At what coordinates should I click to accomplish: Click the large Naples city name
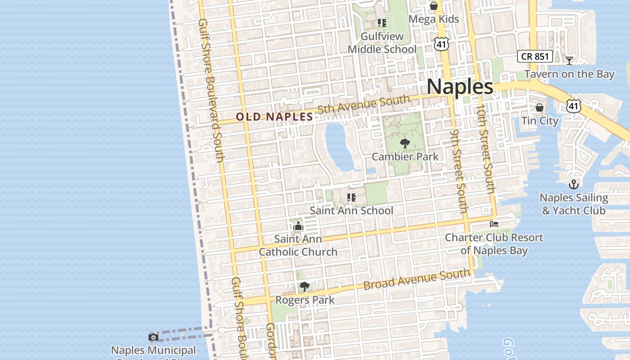pyautogui.click(x=459, y=86)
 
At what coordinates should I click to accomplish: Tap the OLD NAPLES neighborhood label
pyautogui.click(x=274, y=117)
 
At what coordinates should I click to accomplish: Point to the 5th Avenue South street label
pyautogui.click(x=364, y=105)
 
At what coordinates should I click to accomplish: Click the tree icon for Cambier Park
pyautogui.click(x=405, y=144)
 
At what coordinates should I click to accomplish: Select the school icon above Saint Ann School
pyautogui.click(x=351, y=197)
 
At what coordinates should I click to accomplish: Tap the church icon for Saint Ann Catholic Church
pyautogui.click(x=298, y=226)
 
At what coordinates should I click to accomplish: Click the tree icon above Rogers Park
pyautogui.click(x=305, y=286)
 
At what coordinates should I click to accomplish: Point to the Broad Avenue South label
pyautogui.click(x=417, y=279)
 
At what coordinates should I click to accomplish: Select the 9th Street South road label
pyautogui.click(x=459, y=171)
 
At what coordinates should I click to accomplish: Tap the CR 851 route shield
pyautogui.click(x=535, y=56)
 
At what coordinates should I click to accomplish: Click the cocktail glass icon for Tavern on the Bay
pyautogui.click(x=569, y=60)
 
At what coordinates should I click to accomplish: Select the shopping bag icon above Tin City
pyautogui.click(x=540, y=108)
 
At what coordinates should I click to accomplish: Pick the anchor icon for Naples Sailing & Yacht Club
pyautogui.click(x=573, y=184)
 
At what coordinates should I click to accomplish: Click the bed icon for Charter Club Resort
pyautogui.click(x=494, y=224)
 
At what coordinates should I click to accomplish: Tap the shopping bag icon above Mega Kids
pyautogui.click(x=434, y=6)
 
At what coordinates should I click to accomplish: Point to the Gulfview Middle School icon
pyautogui.click(x=382, y=22)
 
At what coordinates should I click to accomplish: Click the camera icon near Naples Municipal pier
pyautogui.click(x=153, y=337)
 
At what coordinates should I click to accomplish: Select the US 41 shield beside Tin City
pyautogui.click(x=573, y=106)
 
